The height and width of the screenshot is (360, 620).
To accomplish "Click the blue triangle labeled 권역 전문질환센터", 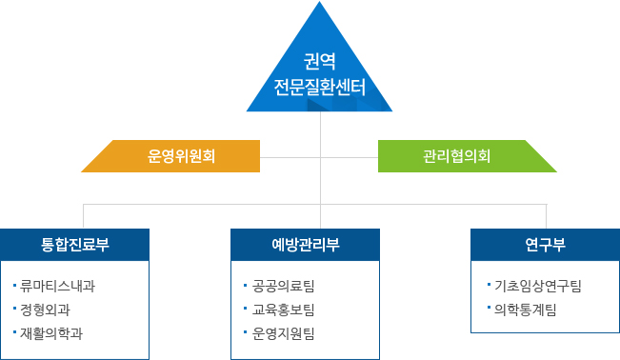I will [319, 76].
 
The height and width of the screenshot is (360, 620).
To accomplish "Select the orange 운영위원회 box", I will [181, 155].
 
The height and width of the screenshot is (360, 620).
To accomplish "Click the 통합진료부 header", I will [75, 245].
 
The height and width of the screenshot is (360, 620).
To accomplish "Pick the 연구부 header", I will [545, 245].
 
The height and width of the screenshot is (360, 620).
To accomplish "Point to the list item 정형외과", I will [45, 310].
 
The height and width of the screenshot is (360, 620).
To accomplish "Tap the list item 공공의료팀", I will [284, 286].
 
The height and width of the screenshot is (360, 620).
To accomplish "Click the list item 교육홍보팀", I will [284, 310].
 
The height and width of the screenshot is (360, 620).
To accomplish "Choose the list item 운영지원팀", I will [284, 333].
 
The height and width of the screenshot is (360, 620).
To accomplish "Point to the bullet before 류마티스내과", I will [15, 286].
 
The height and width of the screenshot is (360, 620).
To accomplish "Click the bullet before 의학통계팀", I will [487, 309].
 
